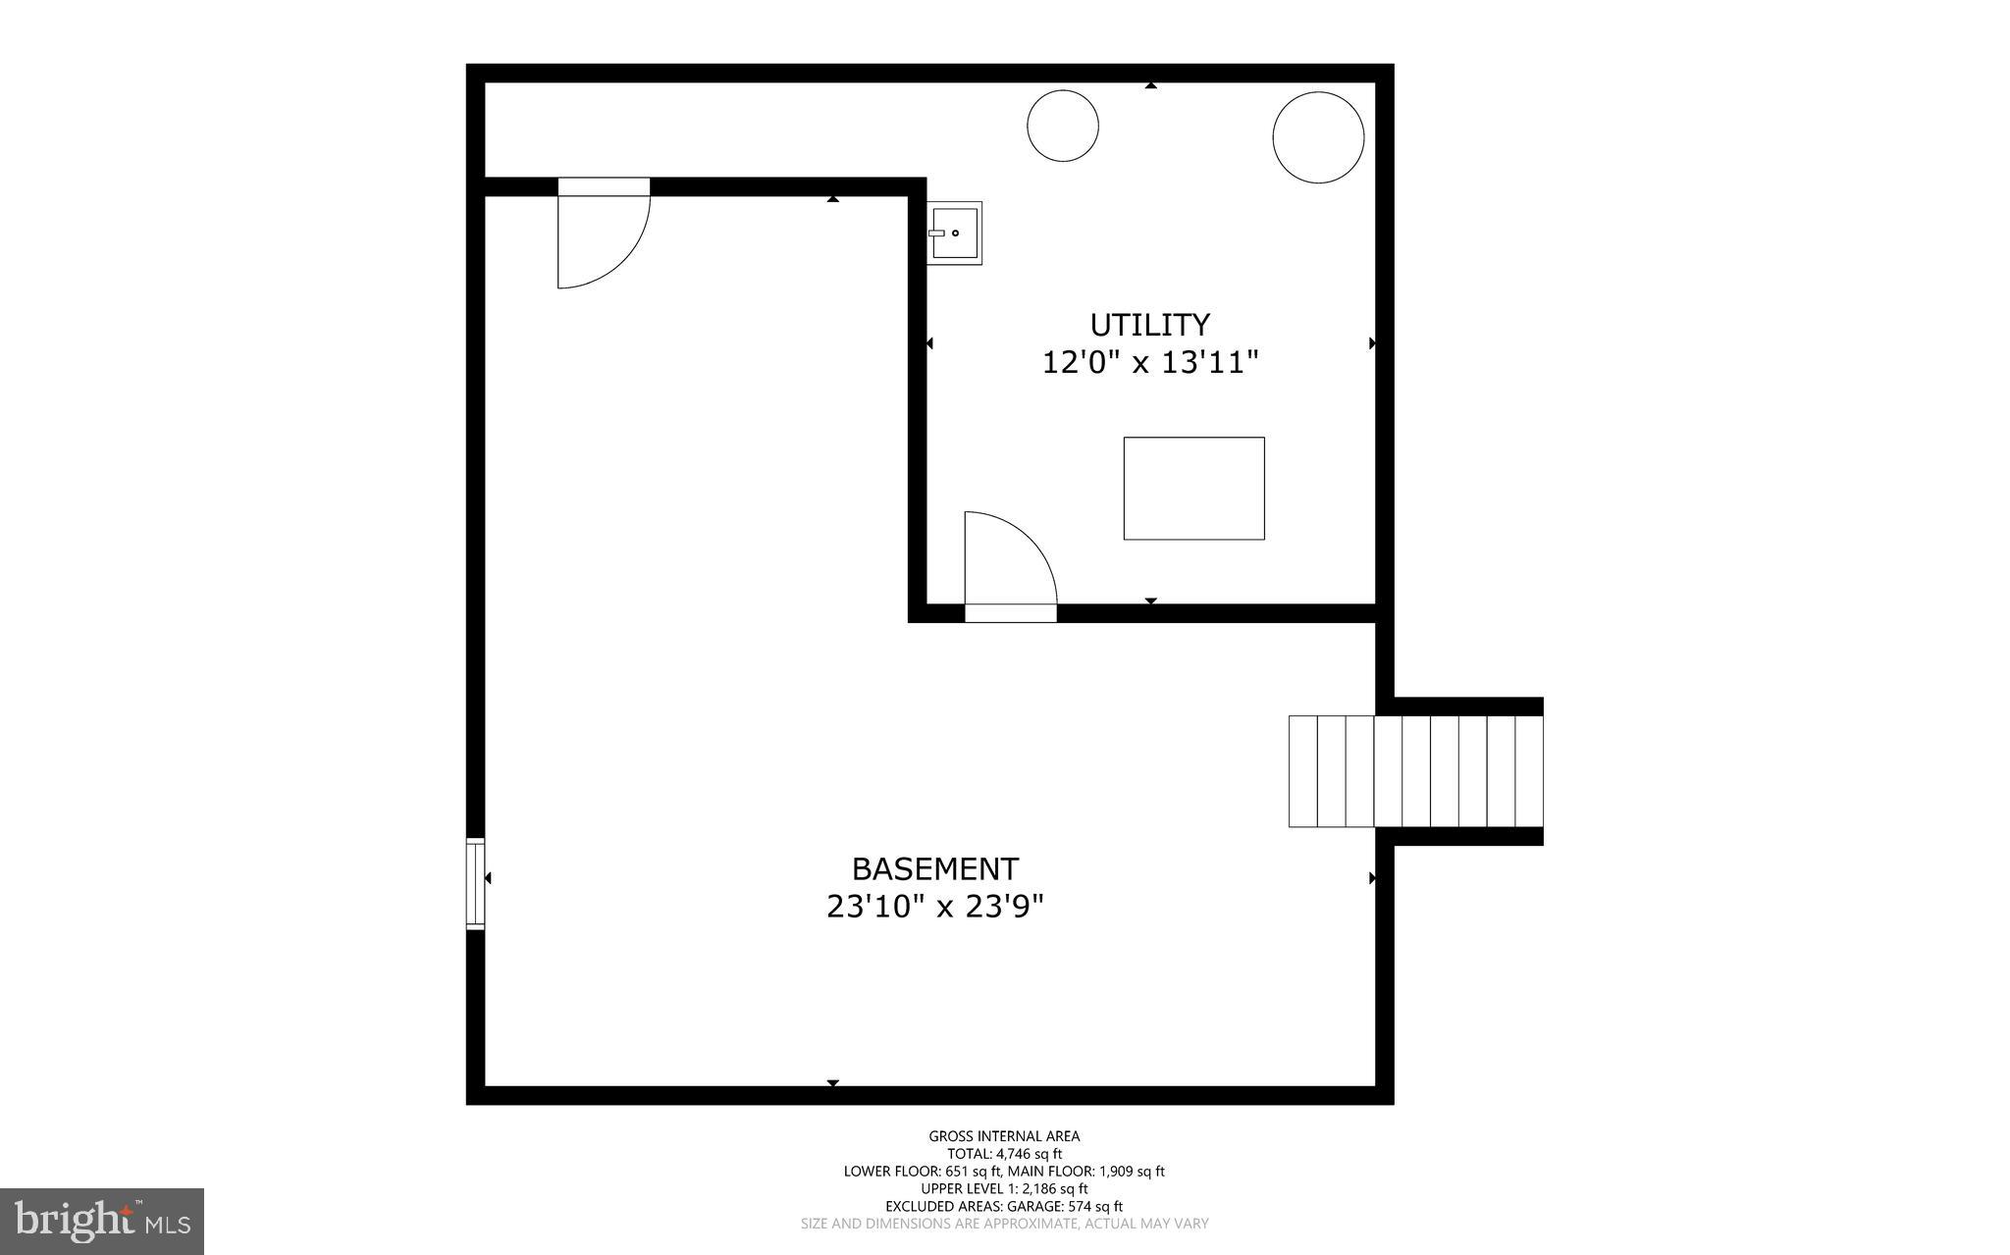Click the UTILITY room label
point(1149,325)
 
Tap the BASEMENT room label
point(934,869)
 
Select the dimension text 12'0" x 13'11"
point(1149,363)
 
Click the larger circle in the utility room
point(1317,137)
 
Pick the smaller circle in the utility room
point(1062,125)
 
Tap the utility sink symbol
point(955,233)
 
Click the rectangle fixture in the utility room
point(1193,489)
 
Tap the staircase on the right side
point(1415,771)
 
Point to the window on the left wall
point(475,883)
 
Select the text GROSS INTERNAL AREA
point(1004,1136)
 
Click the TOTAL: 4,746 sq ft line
point(1004,1154)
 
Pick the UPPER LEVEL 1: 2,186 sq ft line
point(1004,1189)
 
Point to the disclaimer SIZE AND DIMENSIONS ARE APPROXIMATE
point(1004,1225)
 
